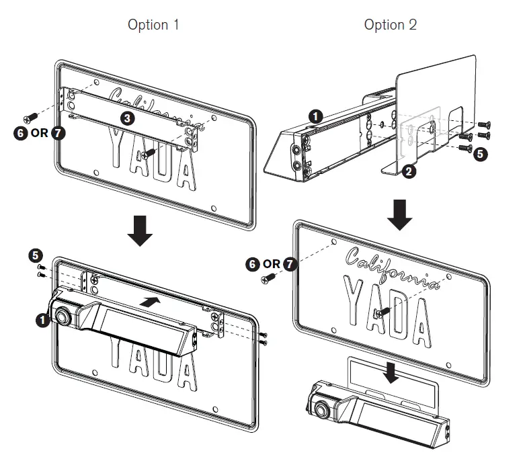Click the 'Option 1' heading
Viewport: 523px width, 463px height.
(153, 25)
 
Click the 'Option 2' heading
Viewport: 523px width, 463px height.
(390, 25)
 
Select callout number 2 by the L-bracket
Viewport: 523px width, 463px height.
(409, 171)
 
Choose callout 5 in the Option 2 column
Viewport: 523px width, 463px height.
(480, 153)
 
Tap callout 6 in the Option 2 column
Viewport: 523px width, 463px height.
(253, 264)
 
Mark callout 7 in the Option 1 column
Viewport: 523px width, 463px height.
(58, 132)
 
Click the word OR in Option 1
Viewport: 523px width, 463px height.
(40, 132)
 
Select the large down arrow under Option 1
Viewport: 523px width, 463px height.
(140, 228)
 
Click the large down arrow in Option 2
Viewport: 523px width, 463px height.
(400, 213)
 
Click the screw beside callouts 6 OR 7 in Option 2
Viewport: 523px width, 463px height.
(271, 276)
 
